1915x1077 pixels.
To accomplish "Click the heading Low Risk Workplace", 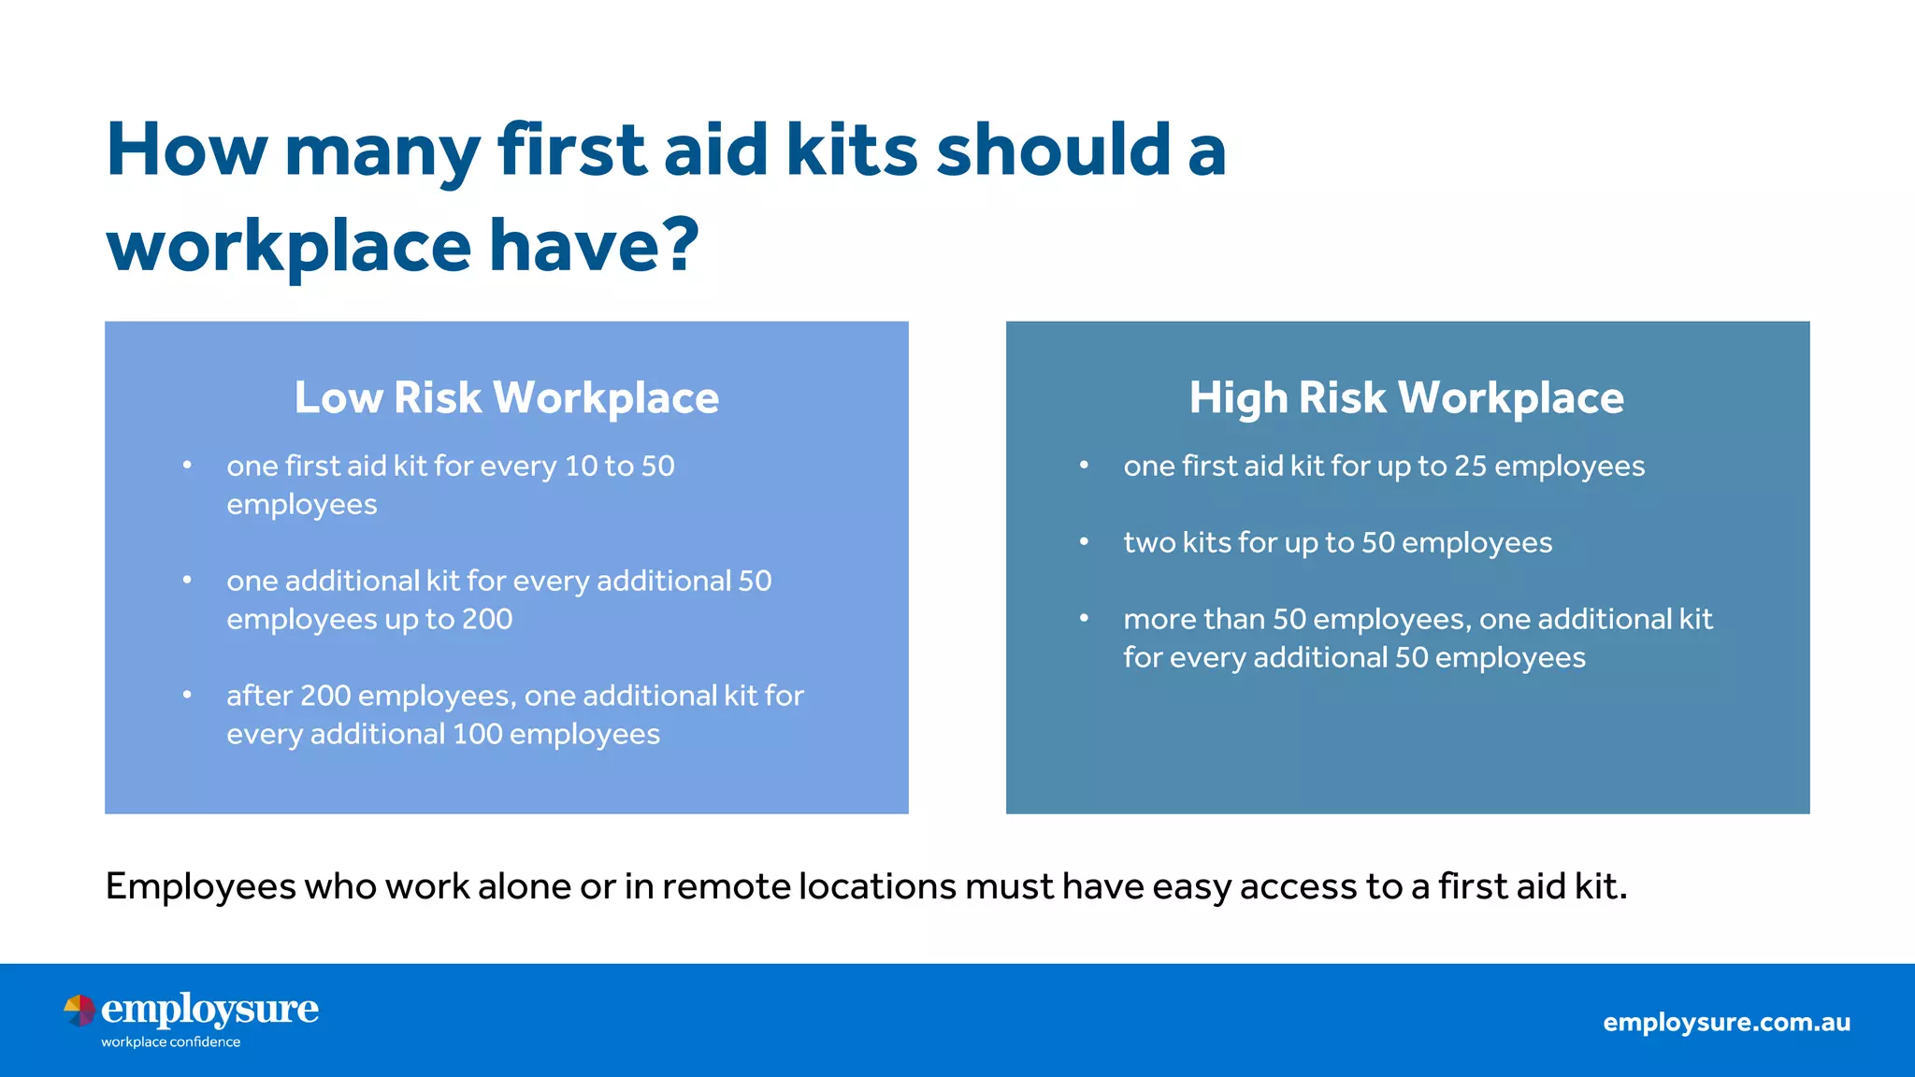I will (506, 397).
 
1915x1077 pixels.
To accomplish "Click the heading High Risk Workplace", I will (1406, 397).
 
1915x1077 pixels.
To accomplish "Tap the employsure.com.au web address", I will (1726, 1022).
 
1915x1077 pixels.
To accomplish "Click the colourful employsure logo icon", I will (79, 1011).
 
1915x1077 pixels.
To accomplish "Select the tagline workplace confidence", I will (170, 1041).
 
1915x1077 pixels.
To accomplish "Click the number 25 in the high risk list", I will (1470, 466).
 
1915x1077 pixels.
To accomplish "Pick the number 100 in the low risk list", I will (477, 734).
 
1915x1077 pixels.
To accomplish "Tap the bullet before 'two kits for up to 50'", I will (1084, 541).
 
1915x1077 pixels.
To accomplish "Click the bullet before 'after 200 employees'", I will (187, 695).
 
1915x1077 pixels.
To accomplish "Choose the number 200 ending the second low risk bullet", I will (487, 619).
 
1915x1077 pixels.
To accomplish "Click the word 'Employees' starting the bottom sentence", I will (200, 886).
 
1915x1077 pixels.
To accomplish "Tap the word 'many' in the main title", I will (382, 151).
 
